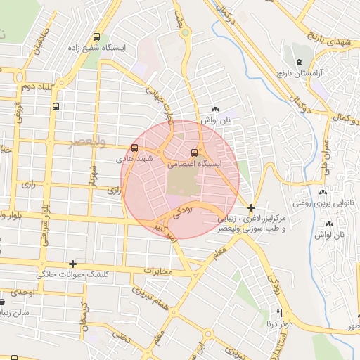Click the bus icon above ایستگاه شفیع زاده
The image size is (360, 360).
coord(96,37)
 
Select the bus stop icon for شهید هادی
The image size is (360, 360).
coord(134,148)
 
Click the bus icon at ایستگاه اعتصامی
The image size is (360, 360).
coord(195,153)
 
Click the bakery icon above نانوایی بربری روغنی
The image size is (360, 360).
coord(323,192)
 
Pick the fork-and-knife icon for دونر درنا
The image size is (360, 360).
coord(279,313)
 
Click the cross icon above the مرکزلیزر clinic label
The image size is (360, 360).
coord(252,207)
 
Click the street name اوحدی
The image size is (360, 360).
coord(22,291)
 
